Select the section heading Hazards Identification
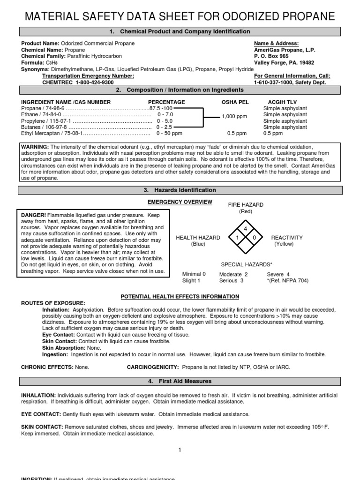[x=180, y=190]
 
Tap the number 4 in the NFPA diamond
[x=245, y=228]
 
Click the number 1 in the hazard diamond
[x=237, y=238]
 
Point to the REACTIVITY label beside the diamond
[x=287, y=238]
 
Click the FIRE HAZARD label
[x=246, y=205]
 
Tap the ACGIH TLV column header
[x=282, y=102]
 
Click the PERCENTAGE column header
[x=166, y=102]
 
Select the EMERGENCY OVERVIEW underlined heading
[x=180, y=202]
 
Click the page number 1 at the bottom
[x=180, y=450]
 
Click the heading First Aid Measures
[x=180, y=382]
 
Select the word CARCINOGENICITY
[x=153, y=367]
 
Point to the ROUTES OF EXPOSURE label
[x=53, y=303]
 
